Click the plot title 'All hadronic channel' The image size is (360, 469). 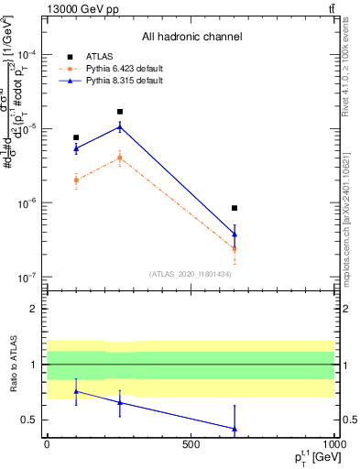click(191, 38)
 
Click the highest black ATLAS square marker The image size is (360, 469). click(120, 112)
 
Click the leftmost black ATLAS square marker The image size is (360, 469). click(76, 137)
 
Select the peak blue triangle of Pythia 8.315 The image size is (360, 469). click(120, 126)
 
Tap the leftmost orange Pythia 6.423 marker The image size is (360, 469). click(76, 180)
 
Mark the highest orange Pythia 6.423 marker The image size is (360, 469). click(120, 158)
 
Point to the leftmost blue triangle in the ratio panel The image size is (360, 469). click(76, 391)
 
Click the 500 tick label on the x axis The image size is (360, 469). click(191, 443)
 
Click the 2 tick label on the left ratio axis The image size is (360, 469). click(33, 309)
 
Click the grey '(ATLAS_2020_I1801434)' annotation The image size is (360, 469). click(191, 274)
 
